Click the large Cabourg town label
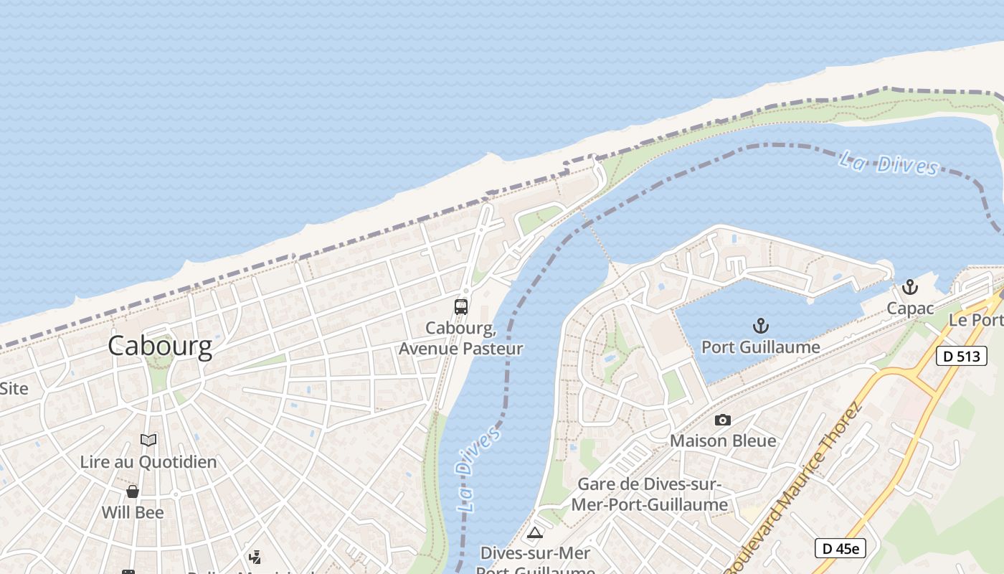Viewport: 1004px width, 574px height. point(160,347)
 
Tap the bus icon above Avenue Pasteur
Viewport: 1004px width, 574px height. point(461,307)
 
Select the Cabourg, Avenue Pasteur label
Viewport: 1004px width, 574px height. point(460,339)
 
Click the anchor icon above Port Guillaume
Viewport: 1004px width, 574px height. point(760,326)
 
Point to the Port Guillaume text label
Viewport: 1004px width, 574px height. point(760,347)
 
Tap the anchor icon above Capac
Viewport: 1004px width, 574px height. point(909,288)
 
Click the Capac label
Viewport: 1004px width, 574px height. point(909,309)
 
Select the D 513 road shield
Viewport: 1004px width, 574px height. point(961,356)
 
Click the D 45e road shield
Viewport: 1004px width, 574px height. point(840,549)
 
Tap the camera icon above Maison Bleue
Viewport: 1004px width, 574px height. point(723,420)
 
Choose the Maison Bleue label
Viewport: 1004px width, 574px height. point(723,441)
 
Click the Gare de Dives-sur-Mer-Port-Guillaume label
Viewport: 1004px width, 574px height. point(649,495)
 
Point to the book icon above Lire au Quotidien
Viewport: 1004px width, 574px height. point(148,440)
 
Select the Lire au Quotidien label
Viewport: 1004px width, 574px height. point(148,461)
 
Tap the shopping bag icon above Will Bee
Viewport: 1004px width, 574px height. point(133,491)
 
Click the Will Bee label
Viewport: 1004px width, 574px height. point(133,512)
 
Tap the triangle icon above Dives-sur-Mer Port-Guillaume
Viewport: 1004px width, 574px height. point(534,532)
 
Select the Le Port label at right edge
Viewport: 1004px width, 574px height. point(975,320)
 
